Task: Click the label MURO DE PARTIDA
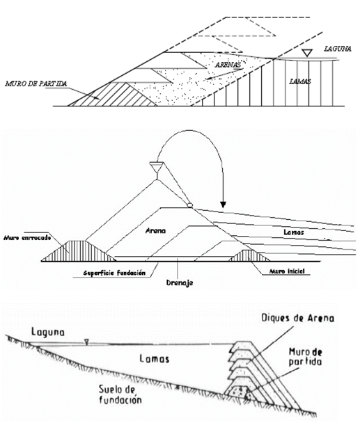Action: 36,83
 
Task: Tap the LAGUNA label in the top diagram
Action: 338,49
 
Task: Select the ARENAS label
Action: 228,65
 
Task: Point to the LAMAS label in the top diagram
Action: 300,81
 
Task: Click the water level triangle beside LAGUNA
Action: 307,53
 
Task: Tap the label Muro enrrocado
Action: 27,238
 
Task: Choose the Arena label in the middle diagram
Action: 155,231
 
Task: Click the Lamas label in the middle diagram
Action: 294,232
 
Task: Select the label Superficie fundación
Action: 114,273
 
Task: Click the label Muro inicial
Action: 287,271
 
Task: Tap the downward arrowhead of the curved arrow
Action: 223,205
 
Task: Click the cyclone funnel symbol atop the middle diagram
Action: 156,167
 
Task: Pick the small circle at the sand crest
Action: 190,205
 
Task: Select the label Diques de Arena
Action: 297,318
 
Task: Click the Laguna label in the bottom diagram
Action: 48,332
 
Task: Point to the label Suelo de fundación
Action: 120,394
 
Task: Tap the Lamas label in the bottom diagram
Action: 154,359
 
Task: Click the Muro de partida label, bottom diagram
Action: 306,357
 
